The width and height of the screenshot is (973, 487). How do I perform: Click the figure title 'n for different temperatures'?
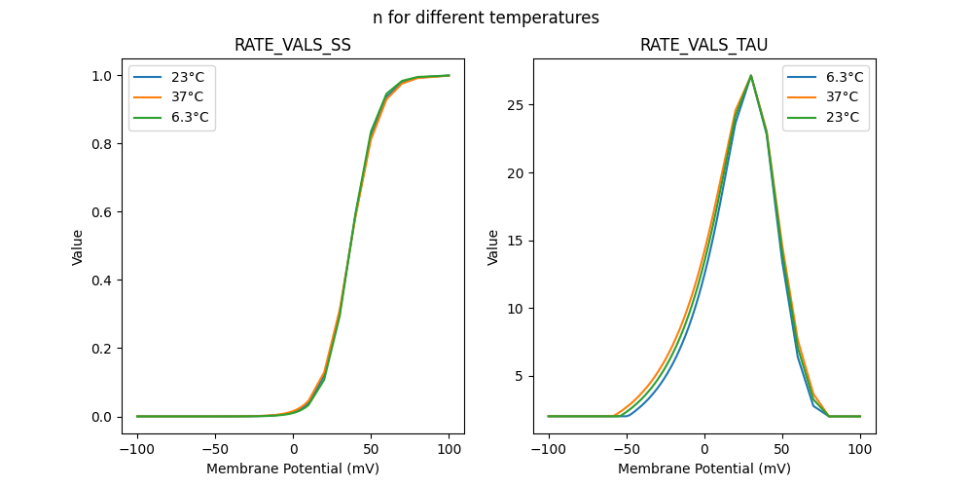[486, 18]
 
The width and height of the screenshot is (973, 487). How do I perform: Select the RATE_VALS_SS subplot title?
[292, 45]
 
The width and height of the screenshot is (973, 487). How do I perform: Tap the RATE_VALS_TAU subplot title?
[703, 45]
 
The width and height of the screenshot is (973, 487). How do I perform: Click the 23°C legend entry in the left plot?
[172, 77]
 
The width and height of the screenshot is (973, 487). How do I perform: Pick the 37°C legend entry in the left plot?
[172, 97]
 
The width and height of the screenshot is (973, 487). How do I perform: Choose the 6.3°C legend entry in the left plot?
[172, 118]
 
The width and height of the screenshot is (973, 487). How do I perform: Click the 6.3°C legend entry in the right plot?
[826, 77]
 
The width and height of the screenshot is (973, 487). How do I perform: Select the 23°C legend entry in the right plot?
[826, 118]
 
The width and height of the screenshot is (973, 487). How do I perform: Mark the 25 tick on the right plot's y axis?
[523, 105]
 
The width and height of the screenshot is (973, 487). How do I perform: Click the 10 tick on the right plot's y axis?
[523, 309]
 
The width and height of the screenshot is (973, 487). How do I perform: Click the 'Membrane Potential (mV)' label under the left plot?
[292, 468]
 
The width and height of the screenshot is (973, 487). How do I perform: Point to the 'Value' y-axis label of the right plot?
[493, 246]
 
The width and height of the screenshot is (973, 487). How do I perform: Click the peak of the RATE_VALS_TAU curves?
[750, 75]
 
